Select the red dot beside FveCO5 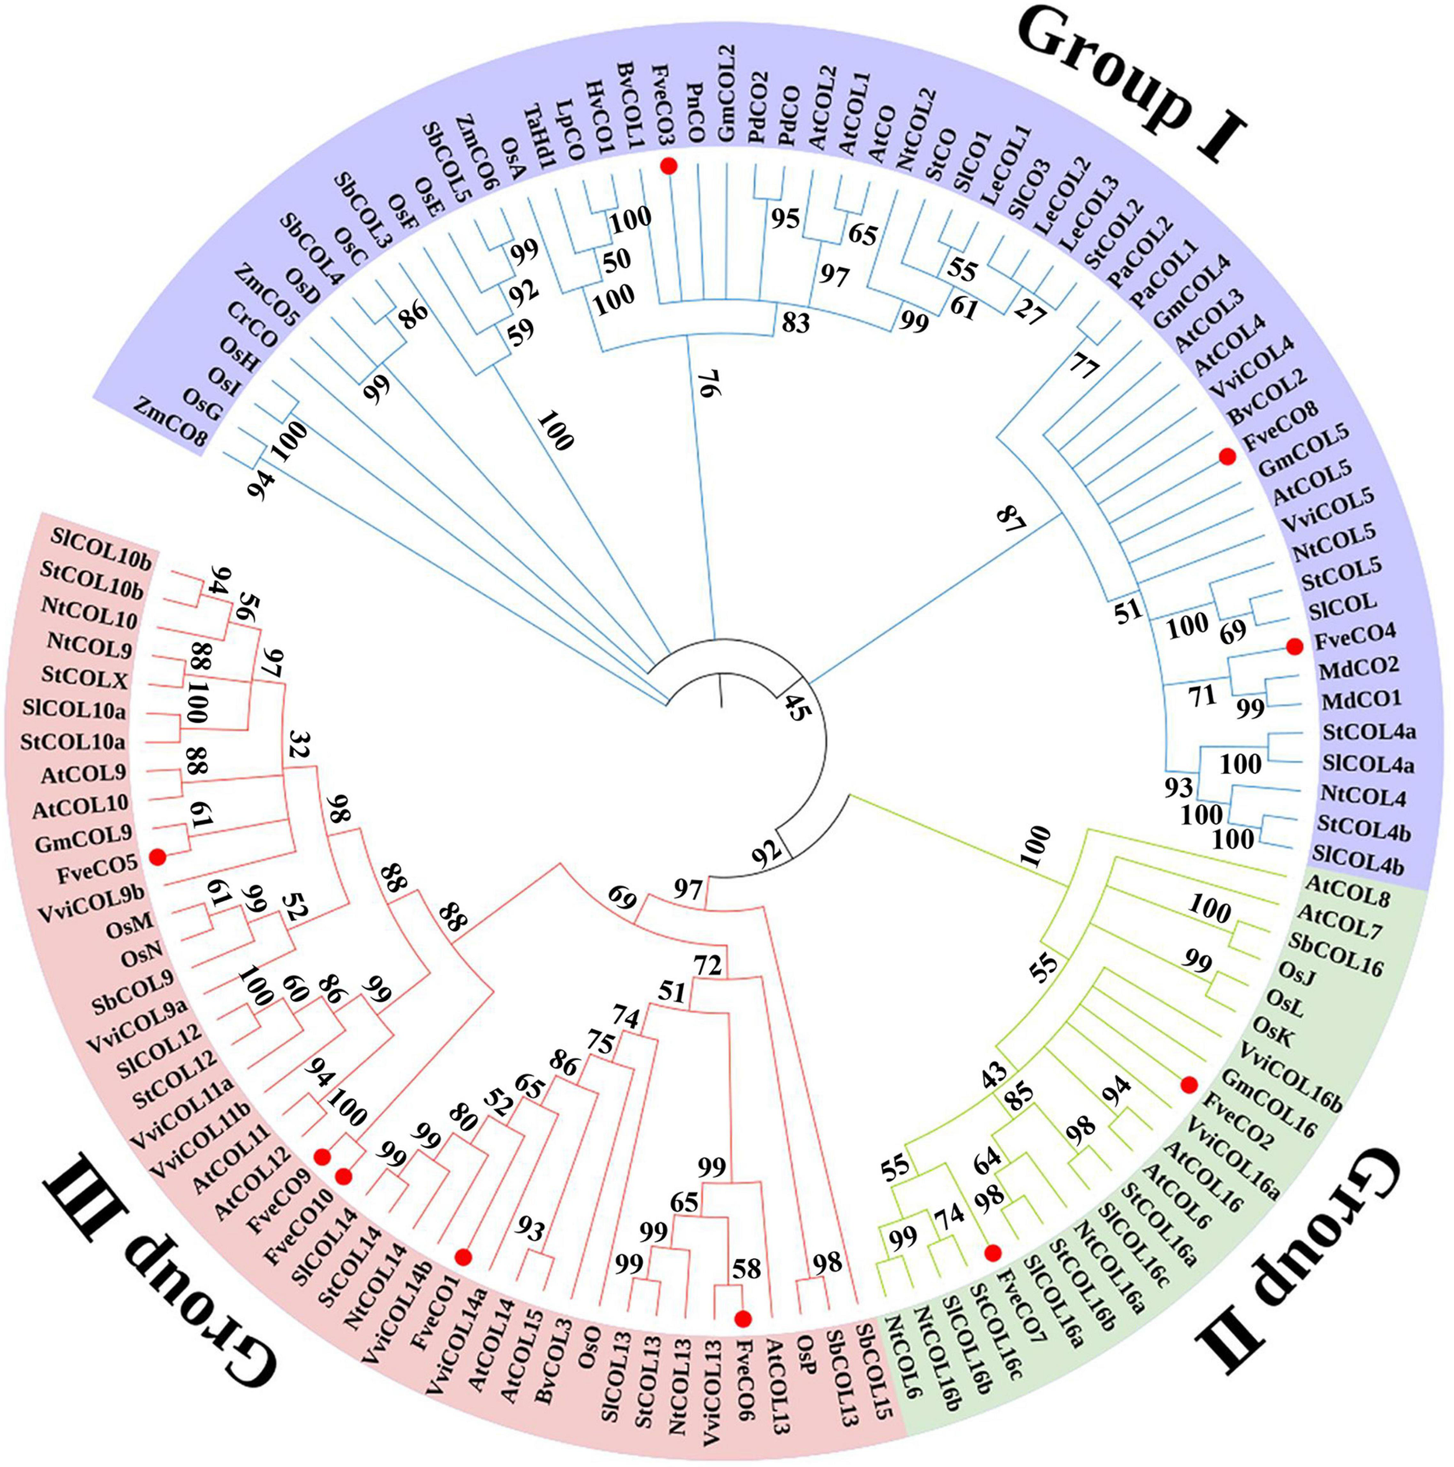tap(157, 857)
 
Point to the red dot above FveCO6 tap(744, 1317)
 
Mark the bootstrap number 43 tap(994, 1075)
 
